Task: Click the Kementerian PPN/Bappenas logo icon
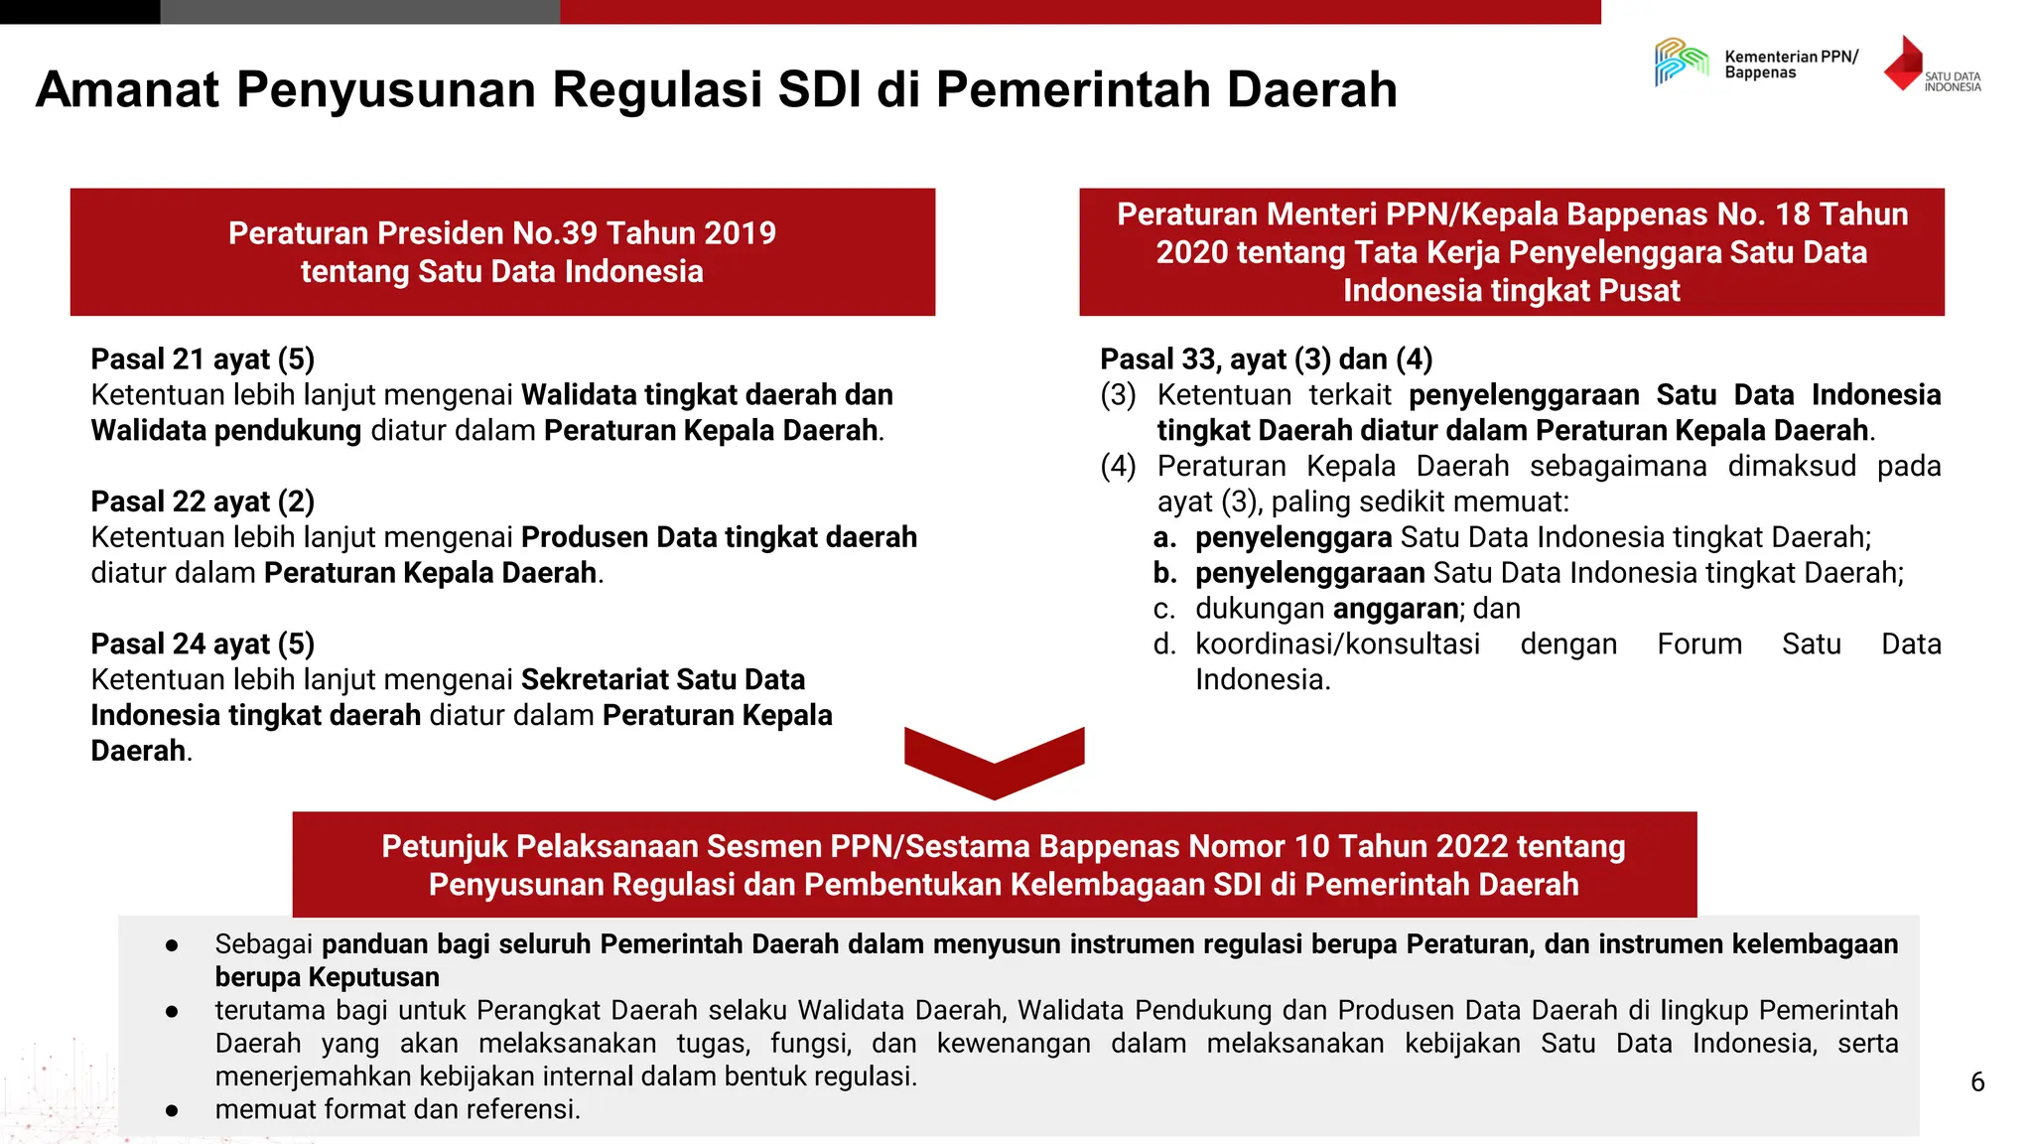point(1681,62)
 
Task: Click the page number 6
point(1977,1082)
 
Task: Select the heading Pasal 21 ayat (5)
point(203,359)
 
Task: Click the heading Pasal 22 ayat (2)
point(203,501)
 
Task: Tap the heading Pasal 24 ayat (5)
point(203,644)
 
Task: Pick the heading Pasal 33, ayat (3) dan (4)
point(1266,359)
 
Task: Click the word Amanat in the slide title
point(127,89)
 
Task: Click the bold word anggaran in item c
point(1396,609)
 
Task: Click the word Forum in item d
point(1698,644)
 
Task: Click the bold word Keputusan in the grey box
point(372,977)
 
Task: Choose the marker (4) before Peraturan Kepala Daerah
point(1118,467)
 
